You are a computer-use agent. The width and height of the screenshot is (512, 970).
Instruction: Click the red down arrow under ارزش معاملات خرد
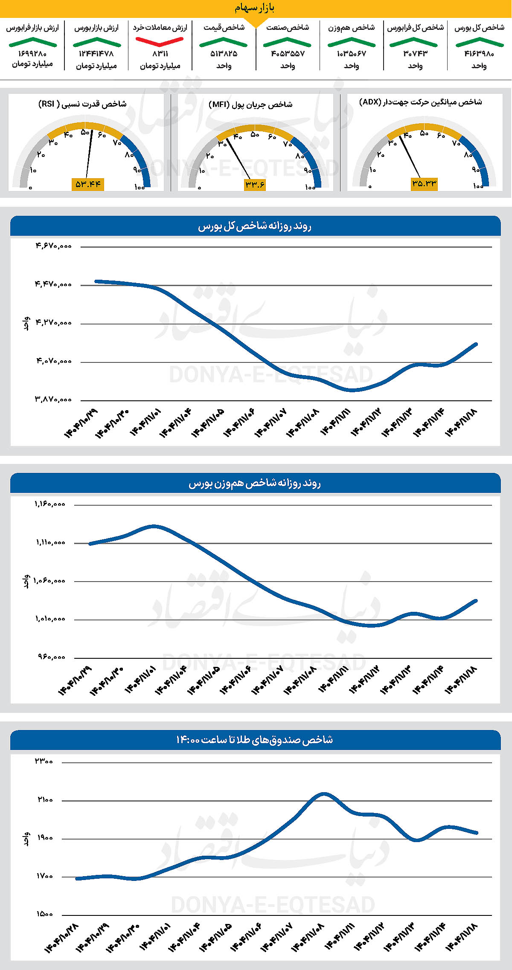(160, 42)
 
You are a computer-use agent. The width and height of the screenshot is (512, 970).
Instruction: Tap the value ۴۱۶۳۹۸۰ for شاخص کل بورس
(479, 54)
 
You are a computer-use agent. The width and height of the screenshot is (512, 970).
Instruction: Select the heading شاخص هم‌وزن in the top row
(351, 28)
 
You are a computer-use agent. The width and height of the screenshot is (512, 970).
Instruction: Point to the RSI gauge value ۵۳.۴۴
(88, 184)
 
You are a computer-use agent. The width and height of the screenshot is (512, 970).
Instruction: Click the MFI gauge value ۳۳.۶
(255, 184)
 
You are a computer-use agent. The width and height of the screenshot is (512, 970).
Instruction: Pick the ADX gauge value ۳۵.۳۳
(424, 184)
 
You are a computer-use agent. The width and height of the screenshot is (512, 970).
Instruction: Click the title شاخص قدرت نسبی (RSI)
(82, 104)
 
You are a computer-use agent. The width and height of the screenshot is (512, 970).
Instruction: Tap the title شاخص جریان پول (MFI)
(250, 104)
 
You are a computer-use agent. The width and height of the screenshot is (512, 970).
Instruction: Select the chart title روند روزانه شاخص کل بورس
(255, 226)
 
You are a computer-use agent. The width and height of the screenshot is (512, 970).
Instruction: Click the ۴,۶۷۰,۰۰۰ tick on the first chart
(53, 246)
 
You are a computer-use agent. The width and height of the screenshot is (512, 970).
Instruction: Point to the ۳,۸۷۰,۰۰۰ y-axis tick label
(53, 400)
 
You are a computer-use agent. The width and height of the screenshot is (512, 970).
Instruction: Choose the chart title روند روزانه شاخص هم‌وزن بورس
(255, 484)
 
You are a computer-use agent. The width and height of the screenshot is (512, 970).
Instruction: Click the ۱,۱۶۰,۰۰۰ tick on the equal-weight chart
(50, 504)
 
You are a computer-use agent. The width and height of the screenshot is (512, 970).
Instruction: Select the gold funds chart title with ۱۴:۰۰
(255, 740)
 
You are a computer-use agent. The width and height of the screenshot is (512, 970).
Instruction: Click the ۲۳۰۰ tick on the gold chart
(44, 762)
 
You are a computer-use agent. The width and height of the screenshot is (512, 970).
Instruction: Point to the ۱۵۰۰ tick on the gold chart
(44, 914)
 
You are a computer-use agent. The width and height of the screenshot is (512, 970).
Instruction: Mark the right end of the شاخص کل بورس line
(476, 344)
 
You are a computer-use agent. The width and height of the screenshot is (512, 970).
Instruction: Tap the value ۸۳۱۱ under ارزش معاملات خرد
(160, 54)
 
